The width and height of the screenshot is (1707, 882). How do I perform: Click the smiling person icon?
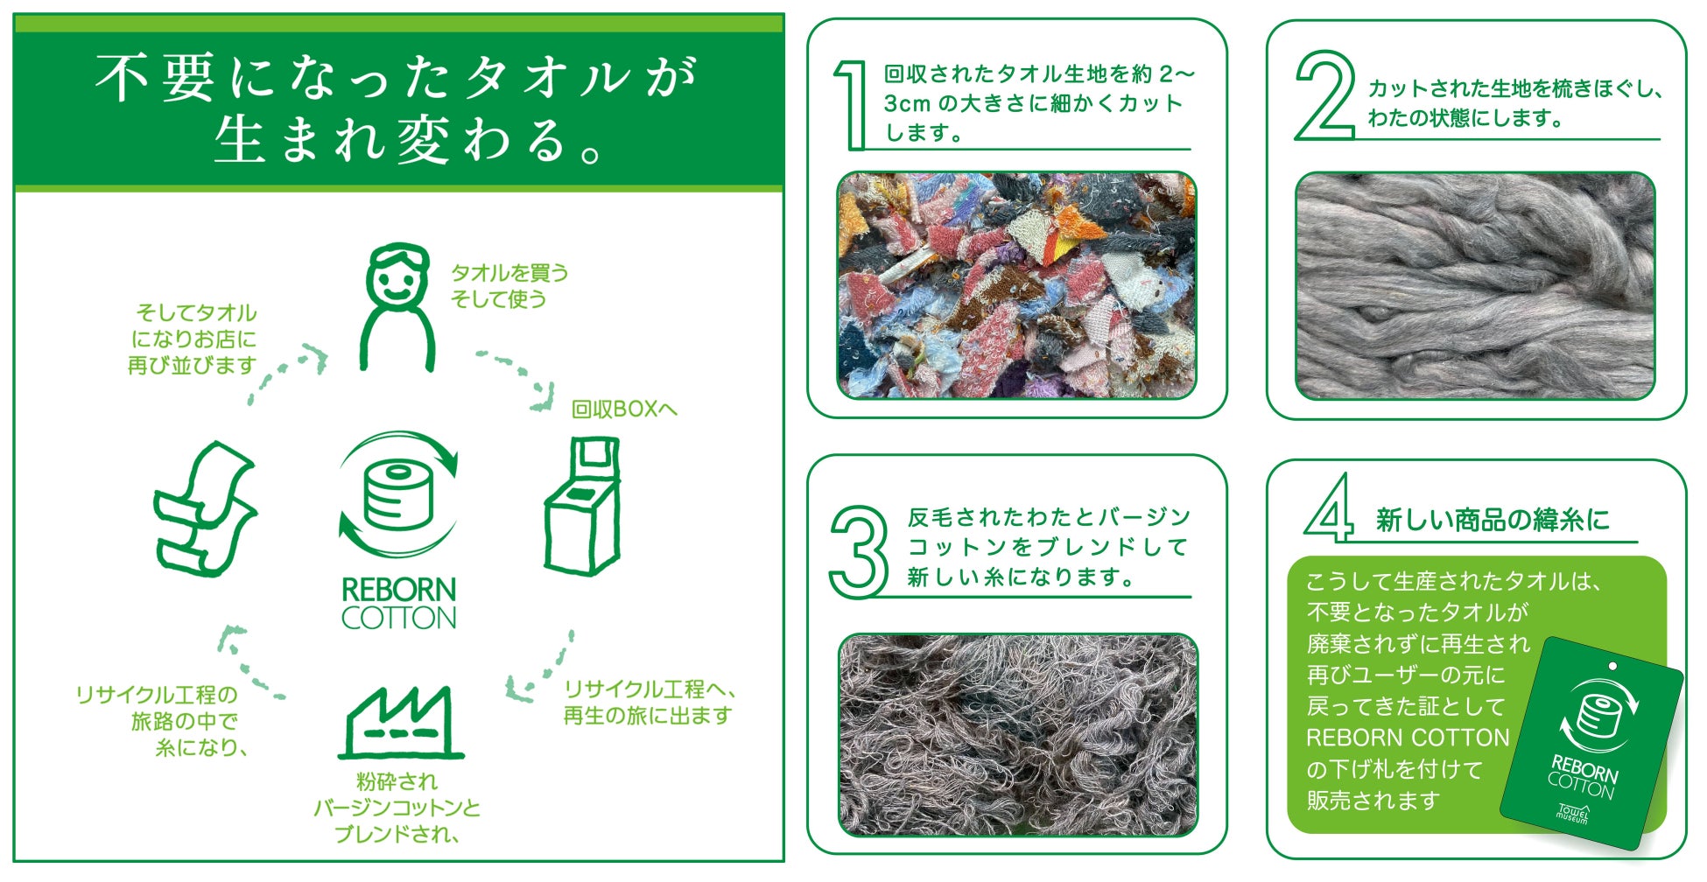click(398, 306)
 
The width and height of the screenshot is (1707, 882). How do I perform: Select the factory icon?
click(401, 722)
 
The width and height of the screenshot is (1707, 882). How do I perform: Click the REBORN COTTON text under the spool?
click(399, 603)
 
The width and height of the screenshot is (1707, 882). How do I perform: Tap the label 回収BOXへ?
click(624, 409)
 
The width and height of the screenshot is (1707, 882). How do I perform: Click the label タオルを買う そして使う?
click(509, 286)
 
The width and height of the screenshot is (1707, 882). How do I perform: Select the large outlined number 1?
click(850, 105)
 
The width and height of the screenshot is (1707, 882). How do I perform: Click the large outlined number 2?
click(1325, 94)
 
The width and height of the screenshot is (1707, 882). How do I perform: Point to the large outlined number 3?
click(858, 551)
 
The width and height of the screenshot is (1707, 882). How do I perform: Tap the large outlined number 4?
click(1329, 508)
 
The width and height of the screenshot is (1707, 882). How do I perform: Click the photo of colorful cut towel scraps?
click(1017, 285)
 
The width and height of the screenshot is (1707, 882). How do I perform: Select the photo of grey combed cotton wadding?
click(1475, 285)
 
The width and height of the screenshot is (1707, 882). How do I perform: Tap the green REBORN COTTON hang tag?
click(1591, 744)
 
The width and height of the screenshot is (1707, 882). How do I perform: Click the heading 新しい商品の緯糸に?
click(1493, 521)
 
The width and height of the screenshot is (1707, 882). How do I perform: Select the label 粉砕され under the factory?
click(397, 781)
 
